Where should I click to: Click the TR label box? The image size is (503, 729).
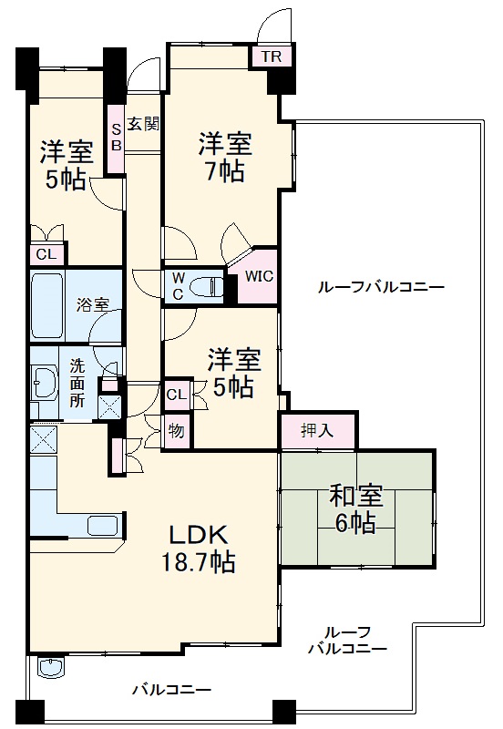click(272, 56)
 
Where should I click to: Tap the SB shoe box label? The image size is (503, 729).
click(117, 137)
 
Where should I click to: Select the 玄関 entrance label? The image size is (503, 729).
click(143, 123)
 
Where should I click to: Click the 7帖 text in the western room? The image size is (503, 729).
click(224, 171)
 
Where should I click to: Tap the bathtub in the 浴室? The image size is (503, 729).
click(48, 304)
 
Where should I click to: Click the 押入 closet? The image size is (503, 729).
click(317, 432)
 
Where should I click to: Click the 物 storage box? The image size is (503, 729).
click(176, 431)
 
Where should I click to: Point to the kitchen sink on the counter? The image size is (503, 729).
click(101, 526)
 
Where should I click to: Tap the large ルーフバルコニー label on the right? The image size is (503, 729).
click(381, 287)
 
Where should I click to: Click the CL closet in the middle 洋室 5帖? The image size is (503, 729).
click(177, 395)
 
